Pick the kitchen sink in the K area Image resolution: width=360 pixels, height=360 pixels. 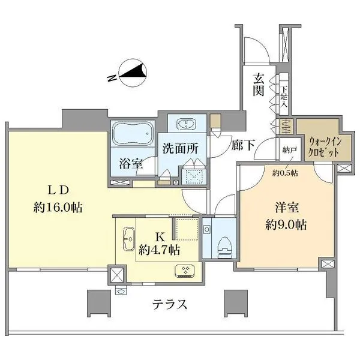pyautogui.click(x=128, y=241)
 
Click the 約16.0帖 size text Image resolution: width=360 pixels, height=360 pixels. pyautogui.click(x=58, y=208)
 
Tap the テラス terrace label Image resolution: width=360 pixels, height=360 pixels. pyautogui.click(x=170, y=304)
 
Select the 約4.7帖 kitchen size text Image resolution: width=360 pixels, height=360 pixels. pyautogui.click(x=158, y=249)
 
